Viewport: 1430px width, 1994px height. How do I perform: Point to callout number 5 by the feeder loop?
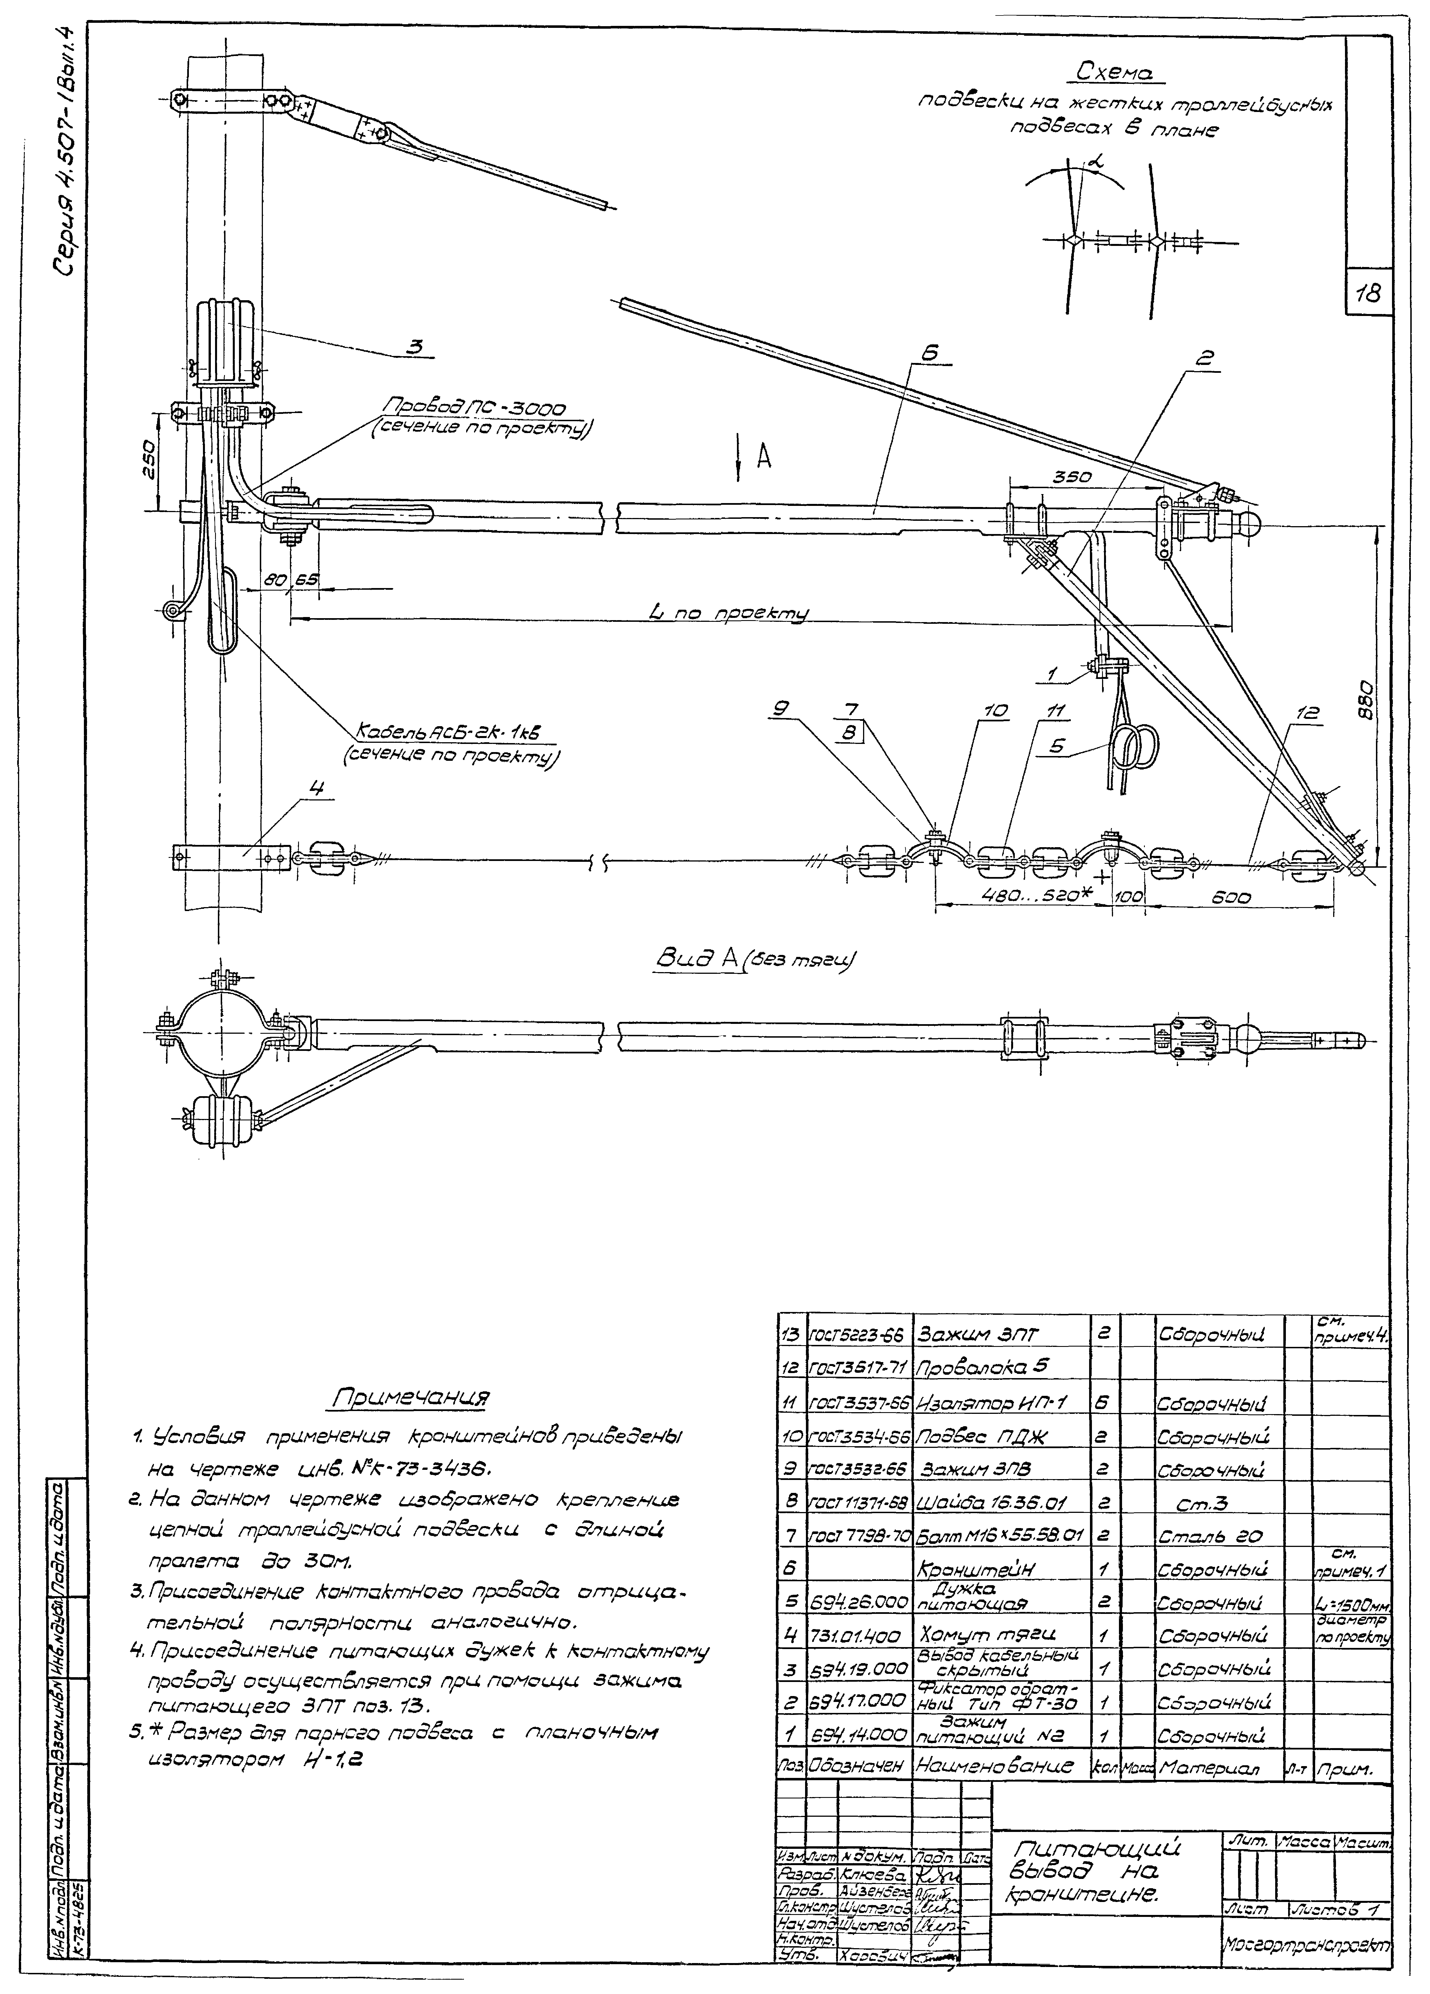click(x=1056, y=746)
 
